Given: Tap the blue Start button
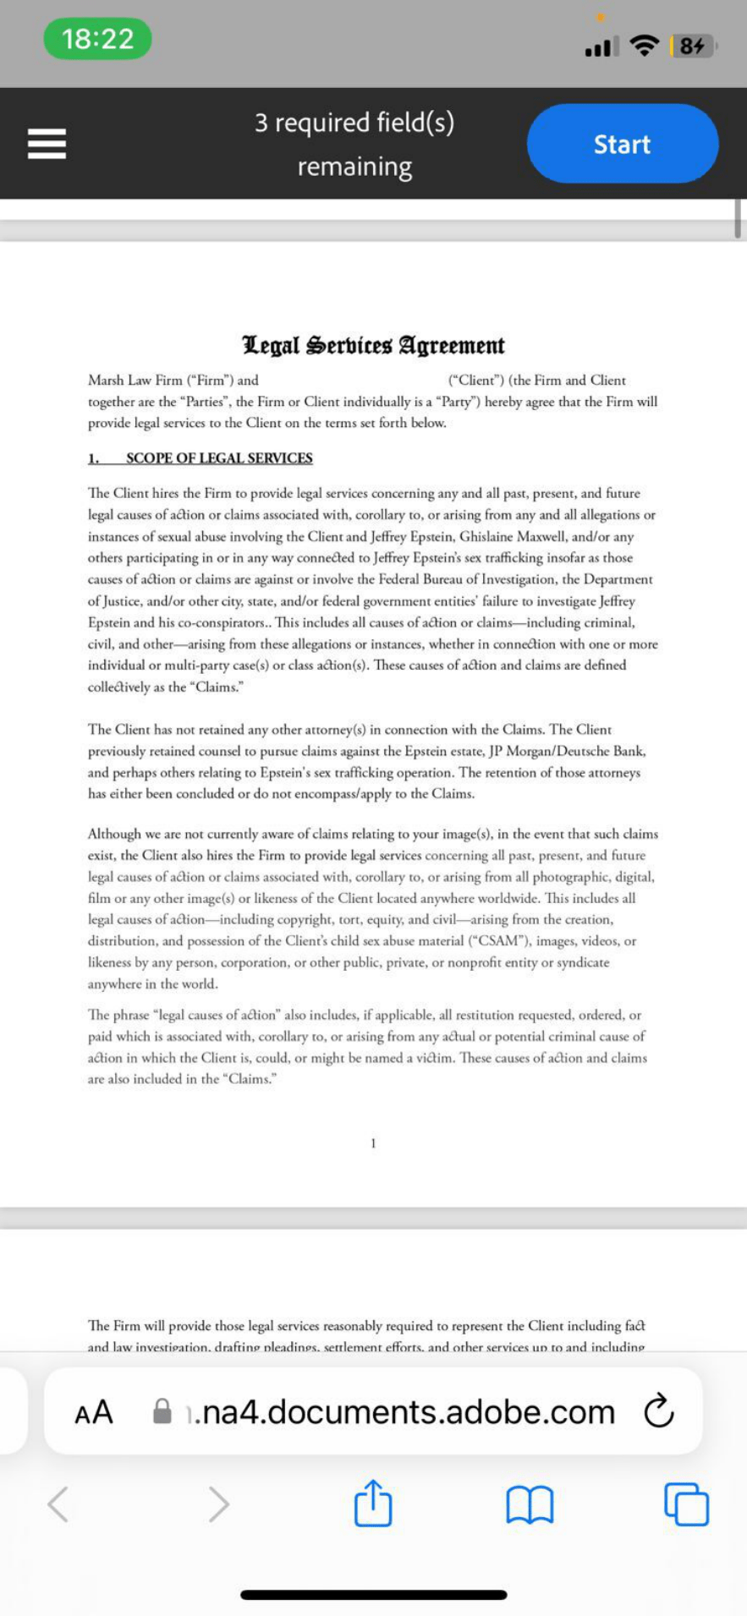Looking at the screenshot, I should [x=622, y=144].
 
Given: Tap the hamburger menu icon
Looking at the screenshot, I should [x=47, y=144].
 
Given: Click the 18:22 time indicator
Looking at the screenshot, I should [x=97, y=39].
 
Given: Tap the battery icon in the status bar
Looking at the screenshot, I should [x=693, y=46].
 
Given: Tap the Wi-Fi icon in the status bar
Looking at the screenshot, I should [x=645, y=46].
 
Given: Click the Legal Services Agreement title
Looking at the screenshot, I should [x=373, y=345].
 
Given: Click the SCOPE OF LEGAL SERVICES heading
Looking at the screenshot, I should [x=219, y=458].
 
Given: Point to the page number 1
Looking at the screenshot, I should [x=373, y=1143].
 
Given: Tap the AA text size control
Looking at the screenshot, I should [x=94, y=1411].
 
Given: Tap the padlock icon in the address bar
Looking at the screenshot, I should [x=162, y=1411].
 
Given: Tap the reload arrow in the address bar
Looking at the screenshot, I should [x=658, y=1411].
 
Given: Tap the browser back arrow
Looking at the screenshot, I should [x=58, y=1504].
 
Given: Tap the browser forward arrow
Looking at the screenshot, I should [x=218, y=1504].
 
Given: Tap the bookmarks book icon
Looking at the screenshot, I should [x=530, y=1504].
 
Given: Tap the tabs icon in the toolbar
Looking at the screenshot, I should [x=686, y=1504].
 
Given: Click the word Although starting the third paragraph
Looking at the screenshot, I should [x=115, y=834].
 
